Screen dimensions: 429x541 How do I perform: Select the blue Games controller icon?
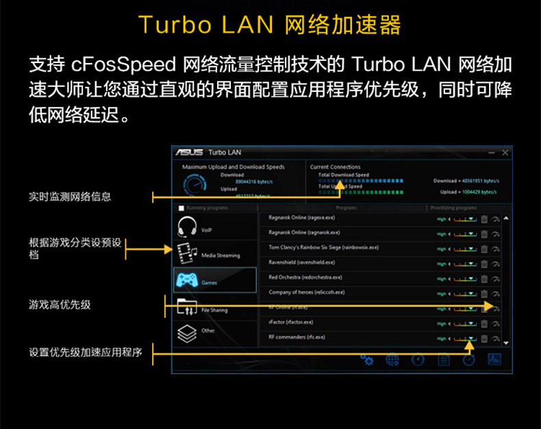[187, 279]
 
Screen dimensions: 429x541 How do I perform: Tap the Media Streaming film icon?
[187, 253]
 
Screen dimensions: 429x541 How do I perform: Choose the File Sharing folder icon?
[187, 306]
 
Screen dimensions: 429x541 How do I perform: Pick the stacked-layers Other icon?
[187, 333]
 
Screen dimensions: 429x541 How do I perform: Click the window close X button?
[505, 152]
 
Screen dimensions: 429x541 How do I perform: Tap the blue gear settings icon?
[367, 360]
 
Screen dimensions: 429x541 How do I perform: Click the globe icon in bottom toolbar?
[392, 360]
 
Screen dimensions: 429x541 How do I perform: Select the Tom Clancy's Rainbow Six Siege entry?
[323, 247]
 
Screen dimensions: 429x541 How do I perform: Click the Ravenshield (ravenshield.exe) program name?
[301, 262]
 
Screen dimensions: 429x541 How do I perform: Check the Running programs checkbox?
[181, 208]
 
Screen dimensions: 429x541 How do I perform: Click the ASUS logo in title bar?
[189, 152]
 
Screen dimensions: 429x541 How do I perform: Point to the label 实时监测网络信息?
[70, 197]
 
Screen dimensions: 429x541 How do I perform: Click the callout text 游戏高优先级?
[60, 304]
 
